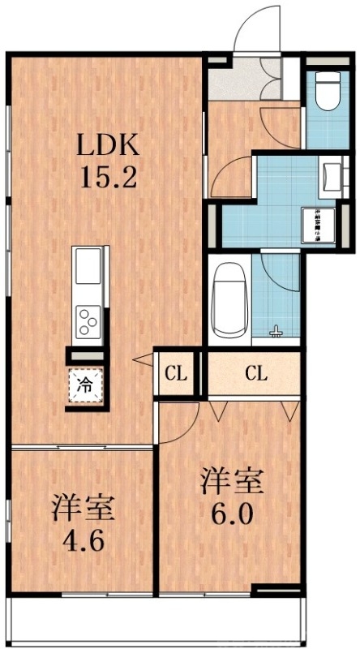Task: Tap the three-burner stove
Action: tap(87, 320)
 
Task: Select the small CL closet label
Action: tap(175, 374)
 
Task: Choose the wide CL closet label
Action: tap(256, 374)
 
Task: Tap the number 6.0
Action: tap(234, 514)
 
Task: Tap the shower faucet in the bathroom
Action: tap(277, 330)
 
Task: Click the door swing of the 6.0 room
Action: tap(182, 422)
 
